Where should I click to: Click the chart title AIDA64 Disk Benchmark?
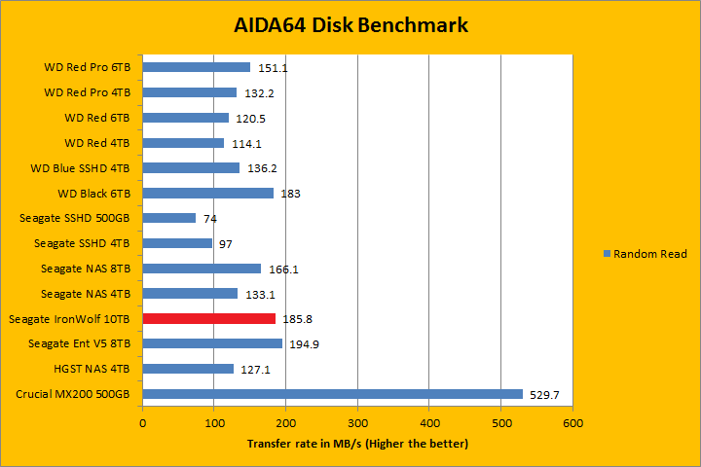(350, 24)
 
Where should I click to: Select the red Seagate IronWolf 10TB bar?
(209, 318)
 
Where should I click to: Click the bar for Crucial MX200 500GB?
(332, 394)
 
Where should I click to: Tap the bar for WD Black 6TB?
(208, 193)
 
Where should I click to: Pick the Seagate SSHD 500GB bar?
(169, 218)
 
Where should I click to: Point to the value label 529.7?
(543, 395)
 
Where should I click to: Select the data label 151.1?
(273, 68)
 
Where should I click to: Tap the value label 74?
(209, 219)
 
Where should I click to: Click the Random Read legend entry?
(646, 254)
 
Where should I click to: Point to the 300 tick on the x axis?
(357, 423)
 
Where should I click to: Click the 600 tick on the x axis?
(572, 423)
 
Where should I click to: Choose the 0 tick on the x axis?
(142, 423)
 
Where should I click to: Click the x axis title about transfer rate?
(357, 444)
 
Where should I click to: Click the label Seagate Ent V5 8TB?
(80, 344)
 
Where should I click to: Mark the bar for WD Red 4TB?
(183, 143)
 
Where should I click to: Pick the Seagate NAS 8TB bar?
(202, 269)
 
